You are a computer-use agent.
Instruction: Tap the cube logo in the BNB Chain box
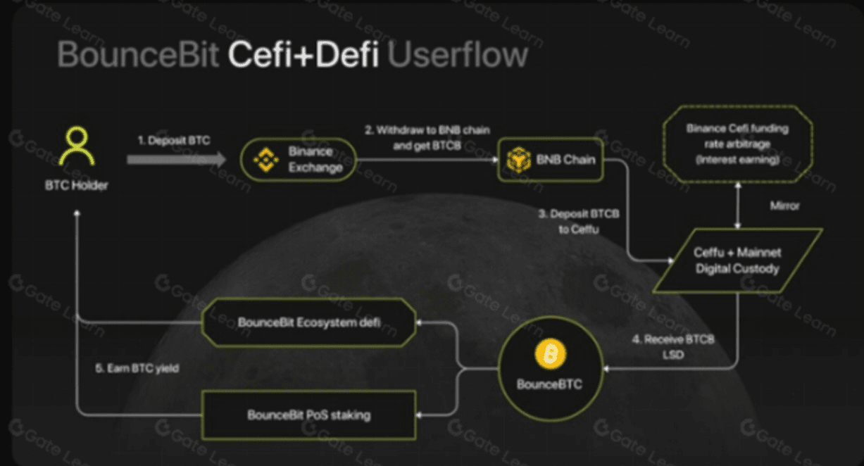click(x=519, y=160)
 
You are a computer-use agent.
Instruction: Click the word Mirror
click(x=783, y=206)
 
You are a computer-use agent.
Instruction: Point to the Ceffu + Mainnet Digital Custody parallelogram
click(x=738, y=260)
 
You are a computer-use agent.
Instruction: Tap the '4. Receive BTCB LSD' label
click(x=672, y=346)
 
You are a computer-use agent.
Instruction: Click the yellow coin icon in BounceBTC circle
click(x=550, y=353)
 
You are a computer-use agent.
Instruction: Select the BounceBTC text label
click(x=550, y=384)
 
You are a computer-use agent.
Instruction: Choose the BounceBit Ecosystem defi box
click(x=309, y=322)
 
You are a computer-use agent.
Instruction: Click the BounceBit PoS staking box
click(x=308, y=415)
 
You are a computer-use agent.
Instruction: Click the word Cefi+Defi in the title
click(x=303, y=54)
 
